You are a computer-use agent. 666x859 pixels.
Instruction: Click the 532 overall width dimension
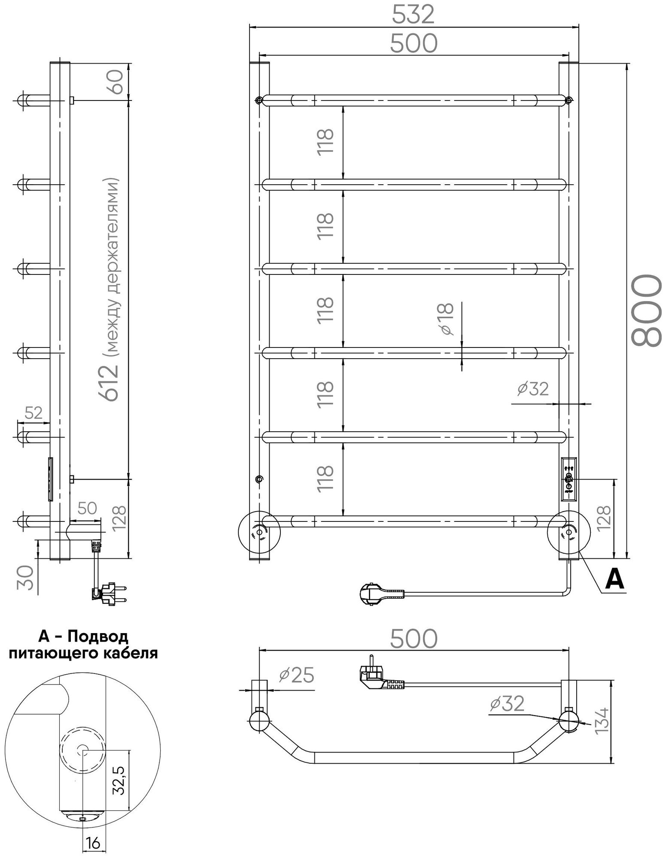pos(414,15)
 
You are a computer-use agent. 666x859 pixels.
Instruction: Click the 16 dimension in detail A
pos(93,844)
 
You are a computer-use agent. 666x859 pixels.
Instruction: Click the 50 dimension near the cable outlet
pos(87,508)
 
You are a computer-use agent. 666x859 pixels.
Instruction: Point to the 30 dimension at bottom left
pos(26,578)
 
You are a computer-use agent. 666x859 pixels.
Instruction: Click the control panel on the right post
pos(569,479)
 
